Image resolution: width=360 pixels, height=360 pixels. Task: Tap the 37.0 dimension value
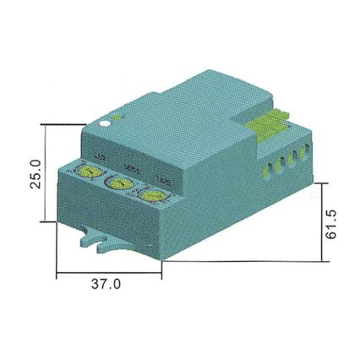106,285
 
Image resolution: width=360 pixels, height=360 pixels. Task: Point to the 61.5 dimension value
335,221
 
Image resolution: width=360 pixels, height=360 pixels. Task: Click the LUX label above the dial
101,159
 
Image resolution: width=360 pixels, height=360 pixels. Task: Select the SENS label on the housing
132,167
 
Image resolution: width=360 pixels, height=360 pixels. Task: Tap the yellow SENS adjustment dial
117,184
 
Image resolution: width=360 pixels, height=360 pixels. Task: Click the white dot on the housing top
104,123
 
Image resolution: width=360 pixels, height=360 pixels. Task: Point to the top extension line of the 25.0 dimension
63,126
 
